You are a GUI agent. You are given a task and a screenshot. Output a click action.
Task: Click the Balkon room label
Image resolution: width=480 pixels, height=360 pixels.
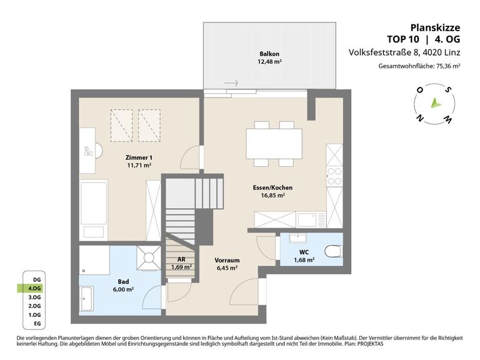[269, 54]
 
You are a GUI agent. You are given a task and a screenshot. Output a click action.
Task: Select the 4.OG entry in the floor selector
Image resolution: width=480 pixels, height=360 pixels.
[34, 288]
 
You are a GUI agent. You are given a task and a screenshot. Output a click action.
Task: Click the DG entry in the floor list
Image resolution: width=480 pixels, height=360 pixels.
[37, 279]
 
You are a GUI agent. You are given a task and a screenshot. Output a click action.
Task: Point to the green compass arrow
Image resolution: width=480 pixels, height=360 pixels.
[435, 104]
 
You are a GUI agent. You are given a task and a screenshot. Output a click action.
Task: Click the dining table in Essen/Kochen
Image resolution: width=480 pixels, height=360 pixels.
[274, 144]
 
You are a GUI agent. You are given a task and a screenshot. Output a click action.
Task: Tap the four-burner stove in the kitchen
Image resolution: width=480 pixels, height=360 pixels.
[334, 176]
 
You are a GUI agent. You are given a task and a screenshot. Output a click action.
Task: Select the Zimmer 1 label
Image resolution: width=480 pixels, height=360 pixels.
[139, 157]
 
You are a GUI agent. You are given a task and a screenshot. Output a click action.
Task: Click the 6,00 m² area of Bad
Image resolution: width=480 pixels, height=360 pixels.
[123, 289]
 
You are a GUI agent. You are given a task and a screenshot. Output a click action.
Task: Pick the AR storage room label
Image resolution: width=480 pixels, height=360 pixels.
[181, 259]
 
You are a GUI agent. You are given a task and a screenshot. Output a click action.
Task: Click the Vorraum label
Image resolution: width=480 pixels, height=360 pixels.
[227, 261]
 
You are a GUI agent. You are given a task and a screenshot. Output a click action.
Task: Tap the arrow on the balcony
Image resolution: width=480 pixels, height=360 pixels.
[231, 82]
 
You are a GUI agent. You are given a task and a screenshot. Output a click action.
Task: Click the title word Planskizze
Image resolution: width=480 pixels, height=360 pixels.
[435, 28]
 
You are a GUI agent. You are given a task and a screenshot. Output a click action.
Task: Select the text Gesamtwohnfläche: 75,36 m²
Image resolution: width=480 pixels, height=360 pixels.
[419, 66]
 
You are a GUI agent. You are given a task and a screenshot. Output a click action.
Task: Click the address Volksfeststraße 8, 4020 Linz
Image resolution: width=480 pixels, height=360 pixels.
[404, 52]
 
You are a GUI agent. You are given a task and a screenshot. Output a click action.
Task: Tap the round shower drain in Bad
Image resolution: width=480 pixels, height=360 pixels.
[149, 257]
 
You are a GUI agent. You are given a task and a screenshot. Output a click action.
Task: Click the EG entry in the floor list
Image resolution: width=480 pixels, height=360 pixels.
[37, 324]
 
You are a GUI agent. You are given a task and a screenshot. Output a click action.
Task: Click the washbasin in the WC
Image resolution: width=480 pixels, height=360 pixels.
[298, 238]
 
